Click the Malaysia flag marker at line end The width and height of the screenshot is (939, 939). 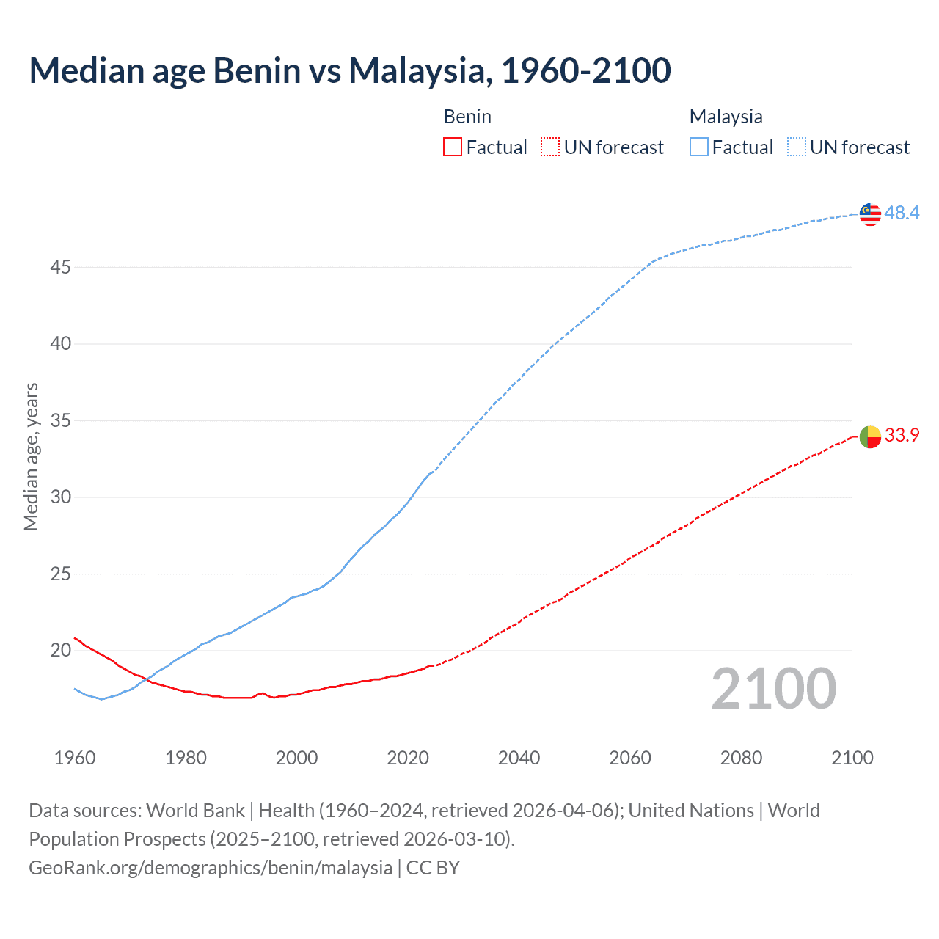pyautogui.click(x=870, y=213)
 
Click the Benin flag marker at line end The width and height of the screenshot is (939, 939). pyautogui.click(x=870, y=436)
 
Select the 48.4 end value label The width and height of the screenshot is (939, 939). pyautogui.click(x=902, y=213)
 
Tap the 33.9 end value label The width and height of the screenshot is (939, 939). pyautogui.click(x=902, y=435)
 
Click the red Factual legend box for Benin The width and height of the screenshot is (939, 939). pyautogui.click(x=453, y=147)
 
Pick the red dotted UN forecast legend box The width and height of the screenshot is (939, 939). pyautogui.click(x=550, y=147)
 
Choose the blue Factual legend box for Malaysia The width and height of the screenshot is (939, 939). pyautogui.click(x=698, y=147)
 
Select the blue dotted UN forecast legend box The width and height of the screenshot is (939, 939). pyautogui.click(x=796, y=147)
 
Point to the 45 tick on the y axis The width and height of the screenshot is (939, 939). pyautogui.click(x=60, y=267)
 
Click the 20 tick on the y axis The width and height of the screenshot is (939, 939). pyautogui.click(x=60, y=650)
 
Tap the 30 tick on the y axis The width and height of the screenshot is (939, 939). pyautogui.click(x=60, y=497)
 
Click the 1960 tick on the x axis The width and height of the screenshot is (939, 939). pyautogui.click(x=75, y=758)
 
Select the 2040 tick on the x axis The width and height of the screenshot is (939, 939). pyautogui.click(x=519, y=758)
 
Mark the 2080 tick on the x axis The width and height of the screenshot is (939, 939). pyautogui.click(x=741, y=758)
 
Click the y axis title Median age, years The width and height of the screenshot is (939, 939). pyautogui.click(x=31, y=456)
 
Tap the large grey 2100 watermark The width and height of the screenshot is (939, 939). pyautogui.click(x=773, y=688)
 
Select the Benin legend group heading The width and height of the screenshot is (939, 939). pyautogui.click(x=467, y=117)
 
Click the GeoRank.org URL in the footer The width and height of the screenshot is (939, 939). pyautogui.click(x=211, y=867)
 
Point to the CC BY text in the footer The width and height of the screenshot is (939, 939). pyautogui.click(x=433, y=867)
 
